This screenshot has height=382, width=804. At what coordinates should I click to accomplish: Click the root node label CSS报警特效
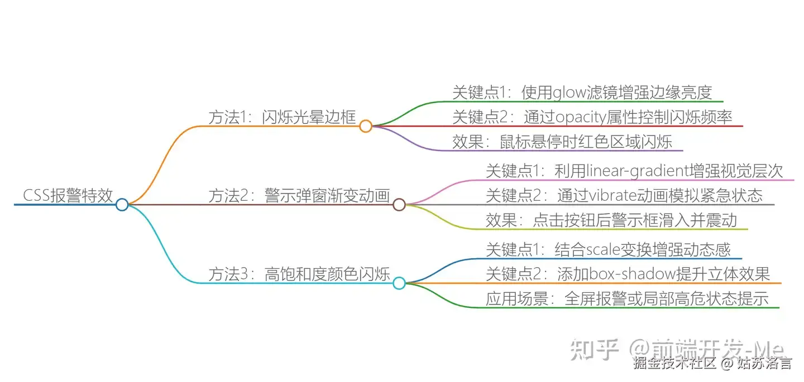click(68, 196)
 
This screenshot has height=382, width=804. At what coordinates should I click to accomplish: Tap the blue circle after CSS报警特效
click(122, 205)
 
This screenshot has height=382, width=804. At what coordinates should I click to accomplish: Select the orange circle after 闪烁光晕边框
click(366, 126)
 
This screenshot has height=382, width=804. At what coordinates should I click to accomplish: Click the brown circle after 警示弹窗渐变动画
click(399, 205)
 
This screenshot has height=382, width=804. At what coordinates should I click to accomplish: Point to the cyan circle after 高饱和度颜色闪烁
click(399, 283)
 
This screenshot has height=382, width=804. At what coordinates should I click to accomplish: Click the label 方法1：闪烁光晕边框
click(282, 117)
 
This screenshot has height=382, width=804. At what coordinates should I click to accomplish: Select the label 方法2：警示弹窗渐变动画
click(299, 196)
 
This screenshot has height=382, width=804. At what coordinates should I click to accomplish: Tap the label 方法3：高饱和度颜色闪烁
click(299, 274)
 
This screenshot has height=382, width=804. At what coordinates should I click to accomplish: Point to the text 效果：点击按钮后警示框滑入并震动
click(611, 220)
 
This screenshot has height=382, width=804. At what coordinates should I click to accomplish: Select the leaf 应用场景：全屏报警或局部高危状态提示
click(627, 299)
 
